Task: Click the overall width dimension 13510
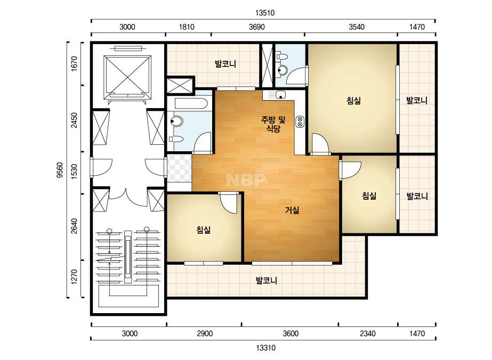tap(265, 13)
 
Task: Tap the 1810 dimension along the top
tap(187, 27)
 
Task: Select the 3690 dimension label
tap(257, 27)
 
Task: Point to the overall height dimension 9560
tap(60, 170)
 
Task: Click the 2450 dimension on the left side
tap(74, 120)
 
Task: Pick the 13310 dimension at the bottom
tap(266, 347)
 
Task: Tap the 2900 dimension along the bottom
tap(205, 333)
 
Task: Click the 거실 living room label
tap(292, 210)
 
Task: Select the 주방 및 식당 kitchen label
tap(273, 124)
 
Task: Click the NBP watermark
tap(246, 179)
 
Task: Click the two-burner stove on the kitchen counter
tap(300, 121)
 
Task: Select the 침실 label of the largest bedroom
tap(353, 101)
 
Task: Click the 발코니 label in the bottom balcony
tap(267, 280)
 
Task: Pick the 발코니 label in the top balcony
tap(225, 64)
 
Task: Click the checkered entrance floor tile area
tap(179, 168)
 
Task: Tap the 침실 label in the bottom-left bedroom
tap(203, 230)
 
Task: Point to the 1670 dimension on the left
tap(74, 64)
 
